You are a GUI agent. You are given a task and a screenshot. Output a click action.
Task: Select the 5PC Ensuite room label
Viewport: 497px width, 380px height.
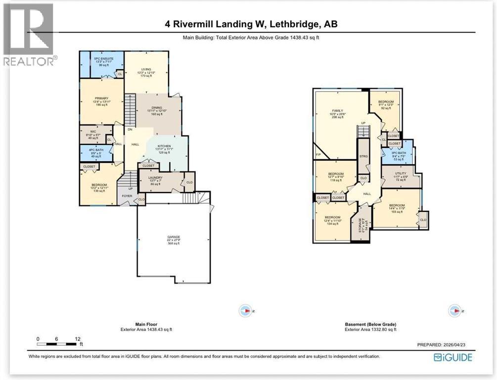(x=104, y=59)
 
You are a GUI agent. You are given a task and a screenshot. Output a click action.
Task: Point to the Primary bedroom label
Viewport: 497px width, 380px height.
(x=102, y=98)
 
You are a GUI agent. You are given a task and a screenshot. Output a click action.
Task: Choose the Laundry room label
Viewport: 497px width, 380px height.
(x=156, y=178)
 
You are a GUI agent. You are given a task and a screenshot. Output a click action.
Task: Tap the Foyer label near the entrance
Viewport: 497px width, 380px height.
(x=128, y=196)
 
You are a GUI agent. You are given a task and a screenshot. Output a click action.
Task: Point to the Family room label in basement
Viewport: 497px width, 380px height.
(x=337, y=111)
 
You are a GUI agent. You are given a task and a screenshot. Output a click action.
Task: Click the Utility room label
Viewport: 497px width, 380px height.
(x=400, y=174)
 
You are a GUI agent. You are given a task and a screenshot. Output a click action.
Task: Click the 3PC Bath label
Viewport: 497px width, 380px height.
(x=399, y=153)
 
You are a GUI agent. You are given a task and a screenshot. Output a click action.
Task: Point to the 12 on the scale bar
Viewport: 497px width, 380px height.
(x=76, y=339)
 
